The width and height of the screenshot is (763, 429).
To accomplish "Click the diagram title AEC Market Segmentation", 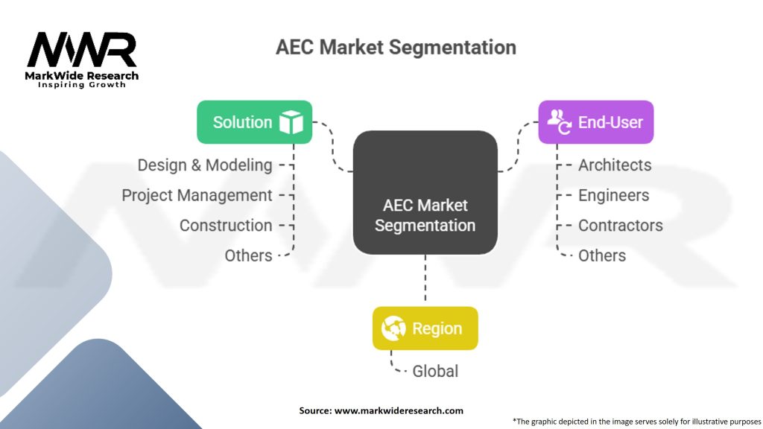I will tap(396, 47).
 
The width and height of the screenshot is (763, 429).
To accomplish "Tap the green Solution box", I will tap(254, 122).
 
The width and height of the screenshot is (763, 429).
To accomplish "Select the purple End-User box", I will tap(595, 122).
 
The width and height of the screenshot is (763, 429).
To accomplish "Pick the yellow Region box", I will tap(425, 328).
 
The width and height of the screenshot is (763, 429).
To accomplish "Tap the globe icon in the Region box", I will tap(393, 328).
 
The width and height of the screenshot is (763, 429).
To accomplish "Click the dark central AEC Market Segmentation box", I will tap(425, 193).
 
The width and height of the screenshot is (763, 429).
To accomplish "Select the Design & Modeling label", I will tap(205, 165).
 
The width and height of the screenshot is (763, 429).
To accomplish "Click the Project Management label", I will tap(197, 195).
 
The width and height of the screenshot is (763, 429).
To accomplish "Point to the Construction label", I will tap(226, 225).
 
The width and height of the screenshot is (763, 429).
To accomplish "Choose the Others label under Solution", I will tap(248, 255).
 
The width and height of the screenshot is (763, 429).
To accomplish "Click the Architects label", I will tap(615, 165).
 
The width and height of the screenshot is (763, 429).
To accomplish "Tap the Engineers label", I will tap(613, 195).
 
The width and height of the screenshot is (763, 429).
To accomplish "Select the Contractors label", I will tap(620, 225).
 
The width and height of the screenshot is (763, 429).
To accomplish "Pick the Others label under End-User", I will tap(602, 255).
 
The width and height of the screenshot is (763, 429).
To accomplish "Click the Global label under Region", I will tap(435, 371).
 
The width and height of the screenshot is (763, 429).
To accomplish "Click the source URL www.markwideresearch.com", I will tap(399, 410).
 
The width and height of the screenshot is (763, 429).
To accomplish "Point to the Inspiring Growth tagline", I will tap(82, 85).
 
